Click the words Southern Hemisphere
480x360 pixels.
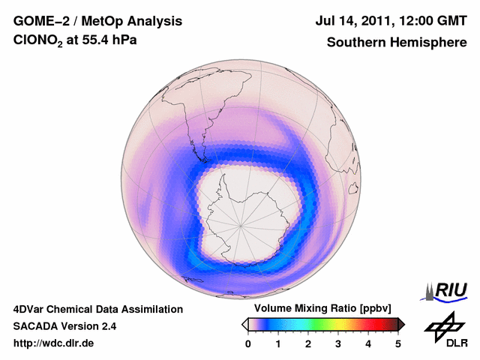[x=396, y=43]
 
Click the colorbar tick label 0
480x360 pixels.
[x=248, y=343]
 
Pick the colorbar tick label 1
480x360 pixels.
[x=278, y=343]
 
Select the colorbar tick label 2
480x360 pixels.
[x=308, y=343]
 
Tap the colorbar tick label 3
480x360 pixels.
[x=338, y=343]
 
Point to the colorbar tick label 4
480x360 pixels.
[x=368, y=343]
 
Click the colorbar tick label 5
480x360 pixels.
[x=398, y=343]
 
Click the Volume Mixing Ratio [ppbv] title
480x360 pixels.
[x=323, y=309]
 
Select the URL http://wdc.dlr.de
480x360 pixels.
[x=54, y=343]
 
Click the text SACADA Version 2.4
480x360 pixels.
[x=64, y=326]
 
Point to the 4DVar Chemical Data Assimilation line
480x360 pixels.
[x=97, y=309]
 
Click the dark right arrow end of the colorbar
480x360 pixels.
[x=401, y=324]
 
